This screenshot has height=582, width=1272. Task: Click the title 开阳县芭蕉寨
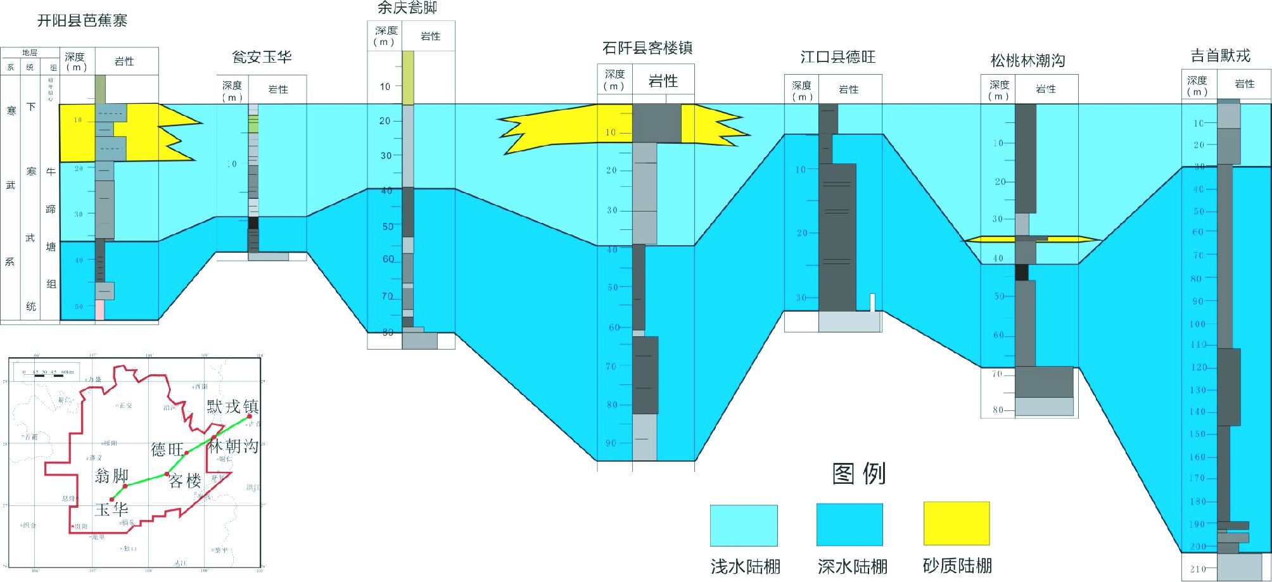[82, 21]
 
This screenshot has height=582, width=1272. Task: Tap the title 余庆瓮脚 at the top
[407, 8]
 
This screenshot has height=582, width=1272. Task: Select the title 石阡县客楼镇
[647, 48]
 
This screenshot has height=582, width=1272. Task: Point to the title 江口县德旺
[837, 58]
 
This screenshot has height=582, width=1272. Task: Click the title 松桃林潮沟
[1027, 61]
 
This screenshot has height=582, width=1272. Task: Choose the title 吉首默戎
[1220, 56]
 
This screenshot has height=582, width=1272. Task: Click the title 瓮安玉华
[262, 57]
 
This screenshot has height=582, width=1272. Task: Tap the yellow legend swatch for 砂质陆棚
[957, 524]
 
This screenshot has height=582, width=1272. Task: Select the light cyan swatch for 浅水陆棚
[744, 526]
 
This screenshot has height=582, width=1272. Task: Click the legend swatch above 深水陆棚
[849, 525]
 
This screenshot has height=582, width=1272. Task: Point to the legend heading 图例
[859, 474]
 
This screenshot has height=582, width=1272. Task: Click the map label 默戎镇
[232, 406]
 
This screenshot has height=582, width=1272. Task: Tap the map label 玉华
[111, 509]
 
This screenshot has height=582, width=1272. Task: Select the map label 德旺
[167, 450]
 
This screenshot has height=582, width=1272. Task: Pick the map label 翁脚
[111, 476]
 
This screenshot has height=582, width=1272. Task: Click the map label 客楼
[185, 481]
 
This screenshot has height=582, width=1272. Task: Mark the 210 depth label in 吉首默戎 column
[1197, 569]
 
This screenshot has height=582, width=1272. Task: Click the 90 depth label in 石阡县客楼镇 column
[611, 443]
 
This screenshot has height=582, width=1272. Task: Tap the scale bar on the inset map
[48, 376]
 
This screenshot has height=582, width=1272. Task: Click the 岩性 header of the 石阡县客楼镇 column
[663, 81]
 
